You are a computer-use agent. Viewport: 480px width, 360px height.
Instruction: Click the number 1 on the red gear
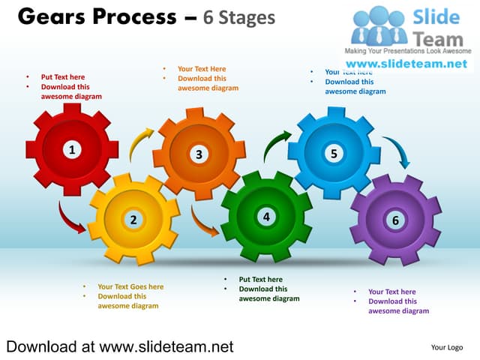(72, 150)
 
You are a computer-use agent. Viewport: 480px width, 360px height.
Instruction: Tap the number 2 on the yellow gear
(133, 220)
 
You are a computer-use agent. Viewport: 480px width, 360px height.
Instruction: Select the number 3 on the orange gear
(199, 154)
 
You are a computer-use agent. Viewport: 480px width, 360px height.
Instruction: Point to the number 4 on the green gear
(265, 217)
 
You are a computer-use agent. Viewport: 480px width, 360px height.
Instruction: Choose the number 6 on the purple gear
(395, 220)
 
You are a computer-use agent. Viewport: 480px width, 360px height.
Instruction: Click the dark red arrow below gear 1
(72, 218)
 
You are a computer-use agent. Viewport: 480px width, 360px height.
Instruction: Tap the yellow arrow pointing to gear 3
(140, 142)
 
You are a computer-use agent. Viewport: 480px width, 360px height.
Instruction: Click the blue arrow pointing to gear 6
(397, 151)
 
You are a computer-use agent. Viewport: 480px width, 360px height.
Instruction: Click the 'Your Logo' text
(446, 347)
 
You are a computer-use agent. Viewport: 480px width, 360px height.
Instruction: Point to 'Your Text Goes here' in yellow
(130, 286)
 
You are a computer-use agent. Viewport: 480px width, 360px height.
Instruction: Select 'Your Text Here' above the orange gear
(202, 69)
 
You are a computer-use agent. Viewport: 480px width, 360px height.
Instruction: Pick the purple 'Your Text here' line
(391, 292)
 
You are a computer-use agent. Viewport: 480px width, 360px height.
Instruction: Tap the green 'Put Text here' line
(260, 280)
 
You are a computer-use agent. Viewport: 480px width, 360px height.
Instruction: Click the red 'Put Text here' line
(63, 76)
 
